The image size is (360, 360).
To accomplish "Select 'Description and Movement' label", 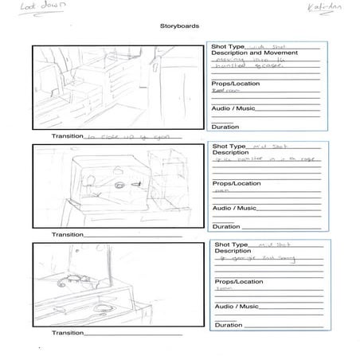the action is [243, 53].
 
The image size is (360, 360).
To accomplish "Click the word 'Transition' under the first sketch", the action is [67, 136].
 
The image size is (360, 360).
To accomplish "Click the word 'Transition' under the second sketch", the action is [67, 235].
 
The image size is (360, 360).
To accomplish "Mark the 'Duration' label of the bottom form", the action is [229, 324].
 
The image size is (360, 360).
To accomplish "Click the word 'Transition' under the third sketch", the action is [67, 333].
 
